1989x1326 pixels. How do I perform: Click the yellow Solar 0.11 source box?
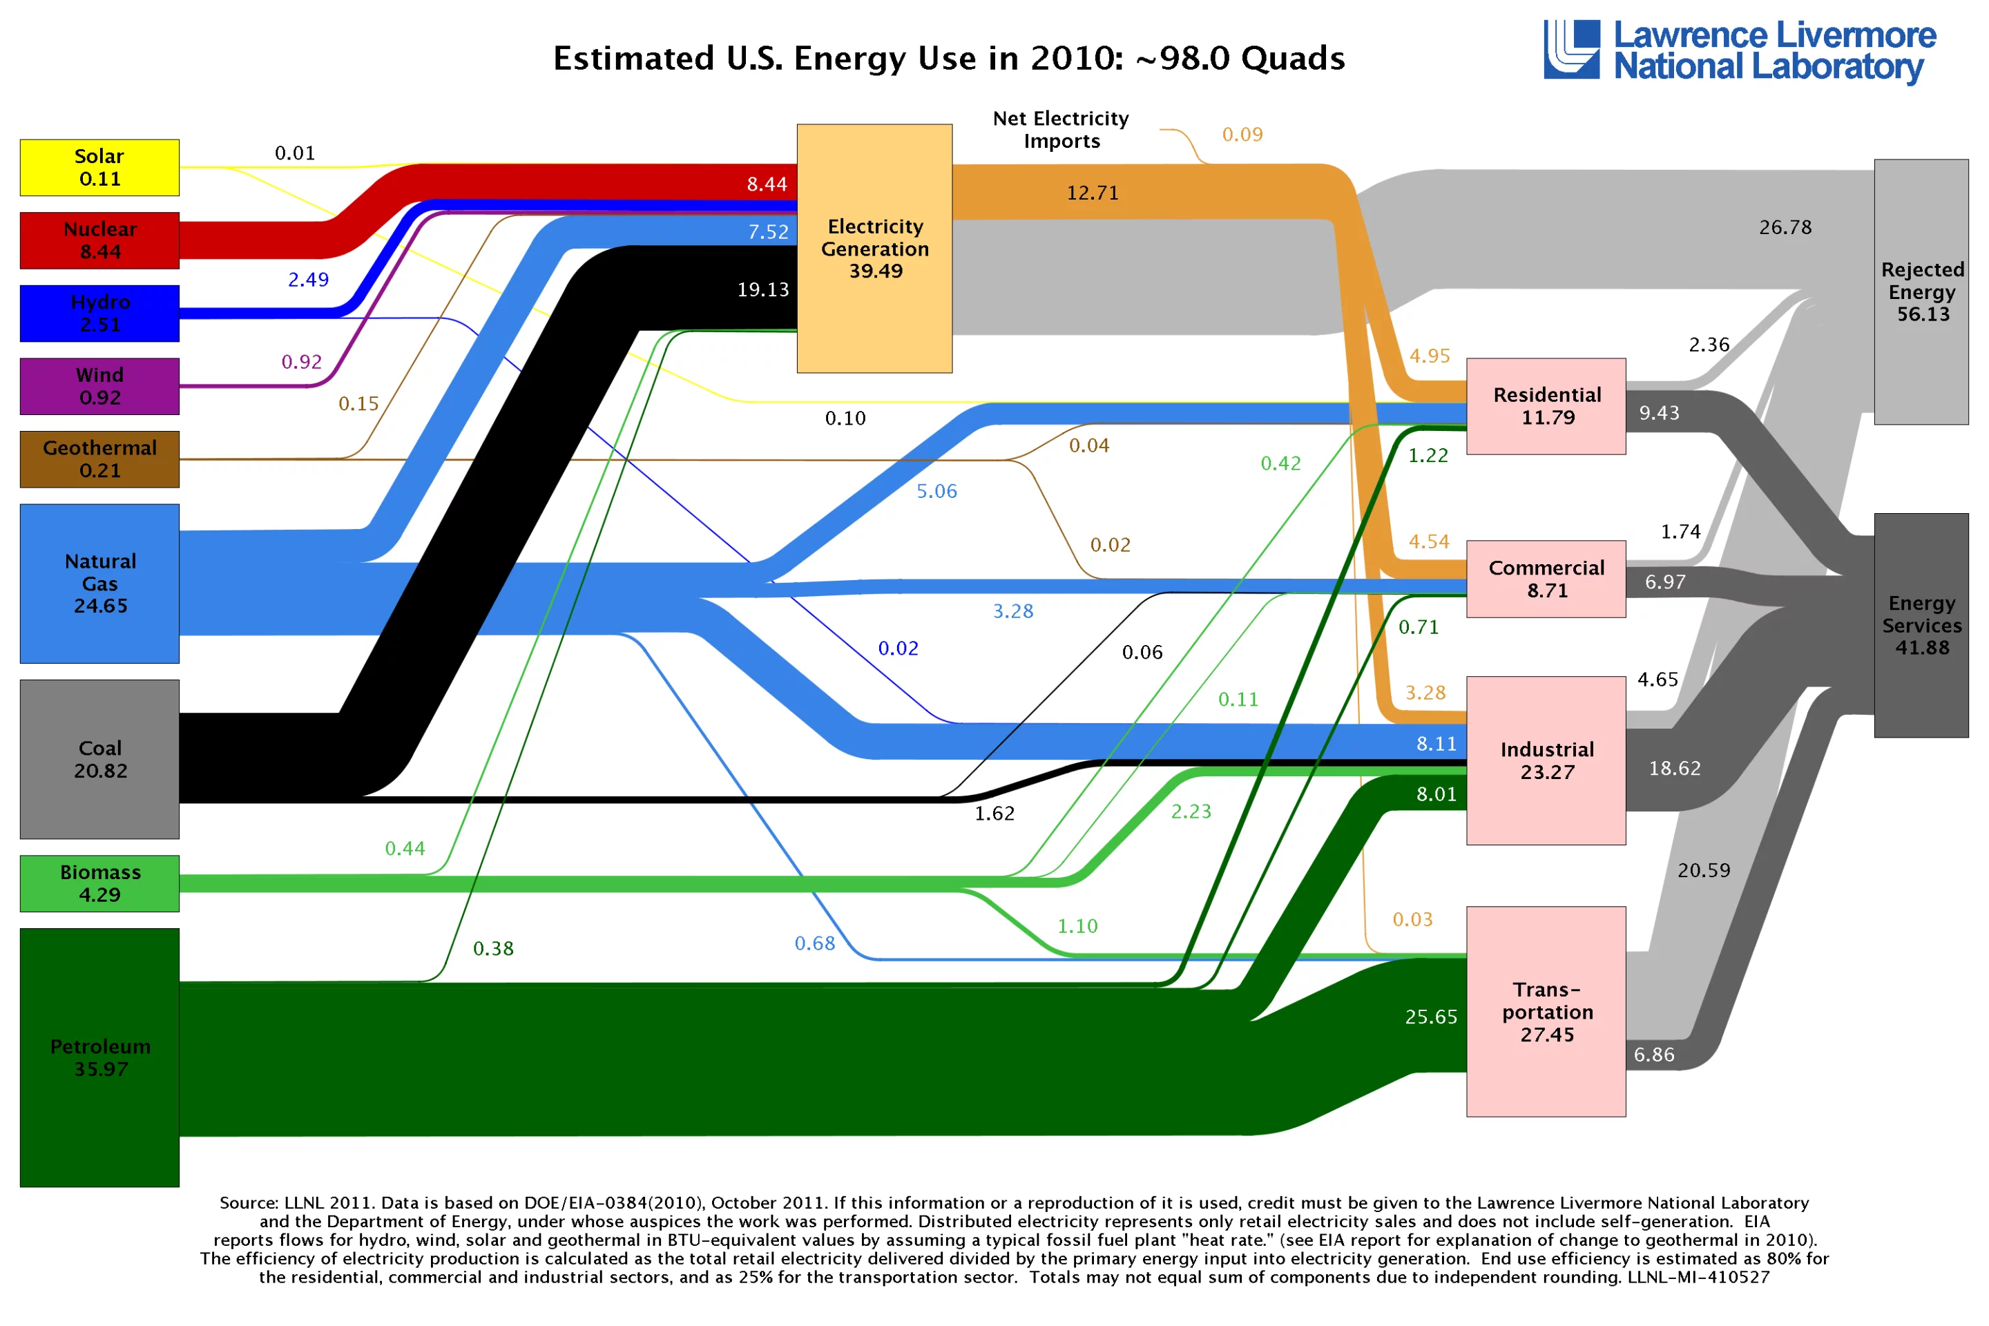pos(99,167)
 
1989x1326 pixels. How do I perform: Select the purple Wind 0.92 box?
pos(99,387)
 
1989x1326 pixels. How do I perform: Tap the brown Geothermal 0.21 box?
pos(99,459)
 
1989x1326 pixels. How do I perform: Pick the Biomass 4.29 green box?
pos(99,884)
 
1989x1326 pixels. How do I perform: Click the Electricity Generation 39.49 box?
pos(874,249)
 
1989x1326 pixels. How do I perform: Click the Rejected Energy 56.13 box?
pos(1921,291)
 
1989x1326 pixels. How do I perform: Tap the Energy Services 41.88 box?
pos(1921,626)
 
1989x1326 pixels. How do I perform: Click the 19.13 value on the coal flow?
pos(762,290)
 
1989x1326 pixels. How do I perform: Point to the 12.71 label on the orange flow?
pos(1093,193)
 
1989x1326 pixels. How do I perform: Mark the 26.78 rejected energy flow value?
pos(1785,227)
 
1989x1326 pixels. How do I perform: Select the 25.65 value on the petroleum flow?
pos(1431,1017)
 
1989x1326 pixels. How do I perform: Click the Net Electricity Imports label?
pos(1061,129)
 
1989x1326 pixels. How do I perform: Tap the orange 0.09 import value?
pos(1242,135)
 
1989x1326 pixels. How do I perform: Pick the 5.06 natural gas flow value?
pos(937,491)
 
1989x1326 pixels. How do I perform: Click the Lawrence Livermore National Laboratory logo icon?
pos(1571,50)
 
